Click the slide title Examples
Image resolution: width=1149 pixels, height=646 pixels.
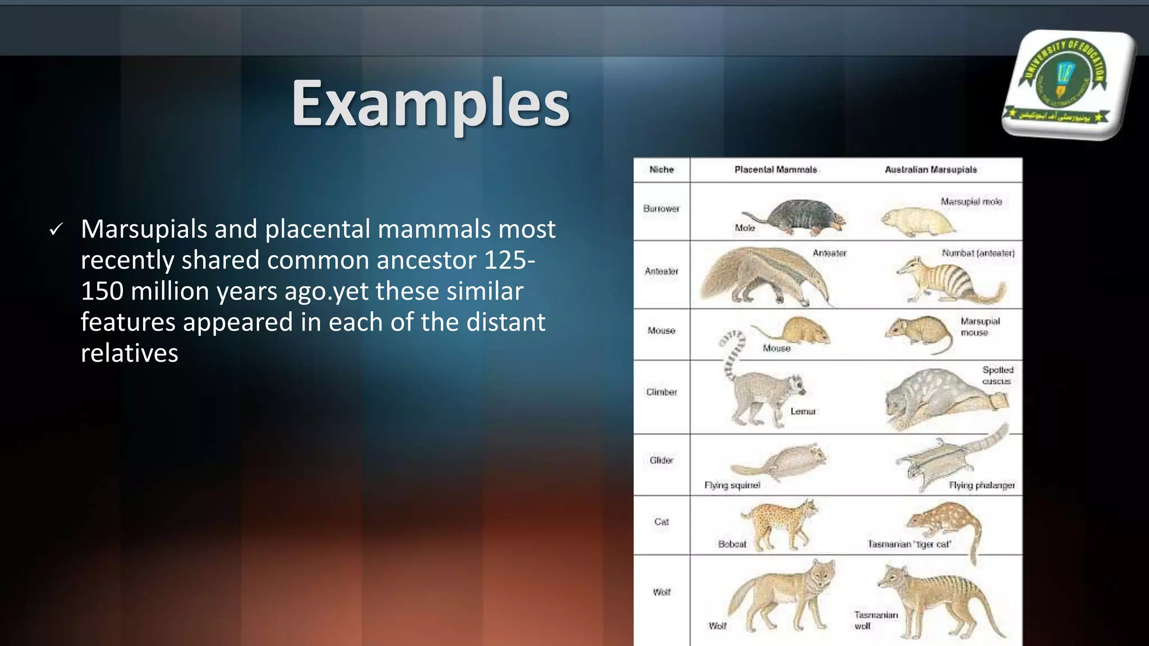430,104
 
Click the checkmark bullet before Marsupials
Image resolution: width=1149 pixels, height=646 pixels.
56,229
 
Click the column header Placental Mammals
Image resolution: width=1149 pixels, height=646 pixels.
775,169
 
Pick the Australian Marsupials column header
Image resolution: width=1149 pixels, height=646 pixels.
930,169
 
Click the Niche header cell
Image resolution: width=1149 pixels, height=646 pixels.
661,169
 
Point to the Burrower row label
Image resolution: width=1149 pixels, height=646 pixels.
661,209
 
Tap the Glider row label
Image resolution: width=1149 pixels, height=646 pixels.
661,460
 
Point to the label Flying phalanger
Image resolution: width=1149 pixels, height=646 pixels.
981,485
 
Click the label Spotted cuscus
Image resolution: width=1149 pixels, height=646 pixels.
997,375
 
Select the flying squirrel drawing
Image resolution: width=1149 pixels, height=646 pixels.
785,463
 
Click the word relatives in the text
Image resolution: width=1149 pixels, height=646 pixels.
130,353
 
